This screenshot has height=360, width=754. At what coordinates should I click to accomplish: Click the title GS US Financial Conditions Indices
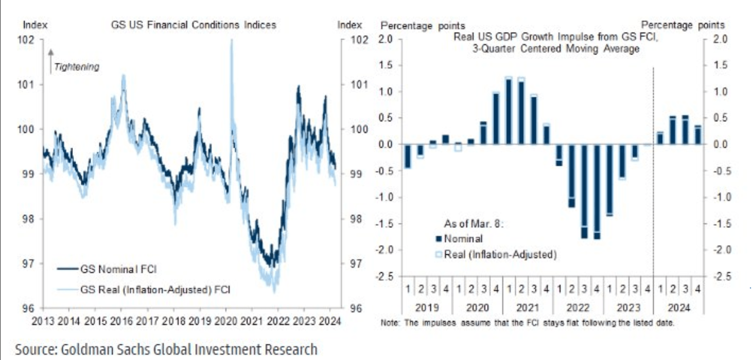click(x=193, y=25)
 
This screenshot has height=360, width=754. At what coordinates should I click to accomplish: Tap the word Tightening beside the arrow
click(x=77, y=67)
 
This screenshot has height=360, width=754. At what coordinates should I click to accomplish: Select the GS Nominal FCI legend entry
click(x=107, y=269)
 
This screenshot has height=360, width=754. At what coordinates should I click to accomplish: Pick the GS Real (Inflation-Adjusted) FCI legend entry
click(x=144, y=290)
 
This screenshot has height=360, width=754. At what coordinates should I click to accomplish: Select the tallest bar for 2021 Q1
click(x=509, y=111)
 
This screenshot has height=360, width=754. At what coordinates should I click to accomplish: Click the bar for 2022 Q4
click(x=597, y=192)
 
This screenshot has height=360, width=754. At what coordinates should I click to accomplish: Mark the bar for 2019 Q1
click(x=408, y=156)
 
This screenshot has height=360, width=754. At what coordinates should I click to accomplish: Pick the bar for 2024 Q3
click(x=685, y=130)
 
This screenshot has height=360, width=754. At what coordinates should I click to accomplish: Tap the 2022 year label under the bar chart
click(x=578, y=308)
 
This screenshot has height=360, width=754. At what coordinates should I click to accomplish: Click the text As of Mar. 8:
click(x=473, y=224)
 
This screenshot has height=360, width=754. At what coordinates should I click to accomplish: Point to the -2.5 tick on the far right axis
click(x=722, y=276)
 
